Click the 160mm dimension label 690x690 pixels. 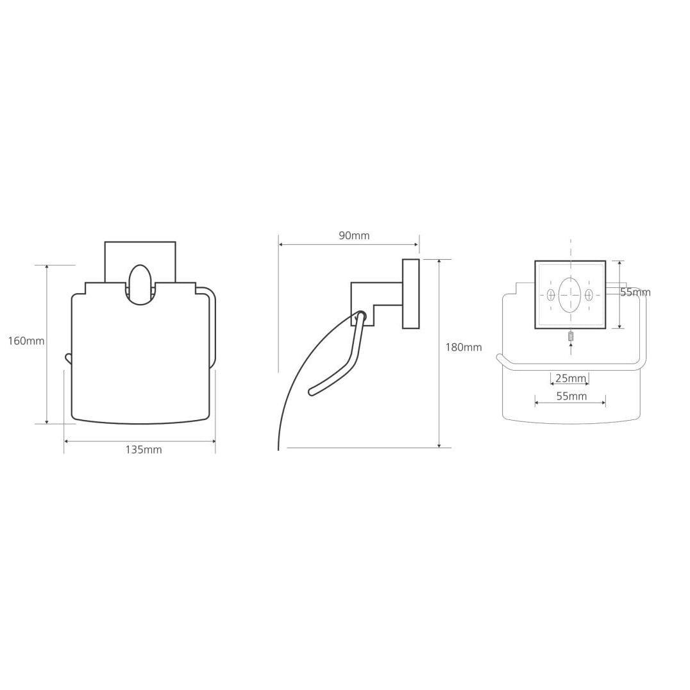pos(26,341)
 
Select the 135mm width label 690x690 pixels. pos(144,450)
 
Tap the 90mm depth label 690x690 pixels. pos(354,235)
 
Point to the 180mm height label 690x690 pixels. pos(464,347)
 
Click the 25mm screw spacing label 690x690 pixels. pos(571,378)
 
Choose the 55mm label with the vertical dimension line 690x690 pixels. pos(635,292)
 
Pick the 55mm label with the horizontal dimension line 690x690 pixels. pos(571,396)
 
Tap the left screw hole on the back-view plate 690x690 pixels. pos(550,295)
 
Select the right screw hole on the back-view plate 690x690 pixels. pos(589,295)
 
